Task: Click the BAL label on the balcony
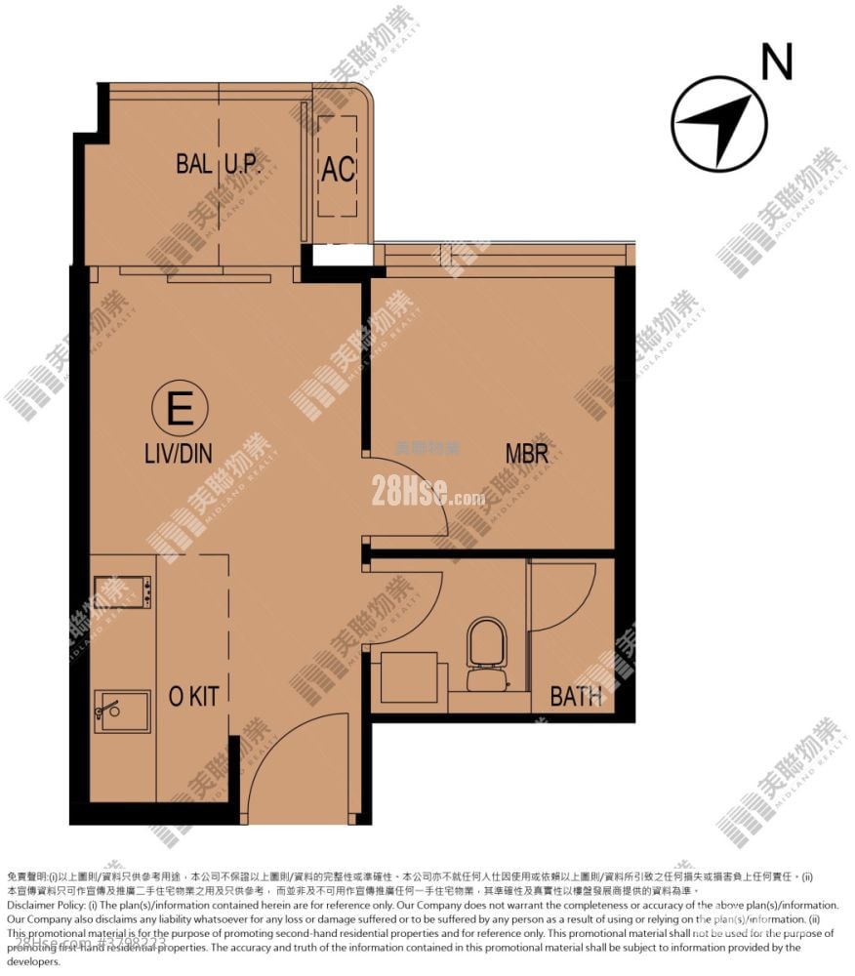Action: [194, 163]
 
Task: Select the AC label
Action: [338, 169]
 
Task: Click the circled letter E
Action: [180, 409]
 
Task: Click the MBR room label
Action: [526, 453]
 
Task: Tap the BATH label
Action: [576, 696]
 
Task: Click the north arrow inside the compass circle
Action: [717, 124]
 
